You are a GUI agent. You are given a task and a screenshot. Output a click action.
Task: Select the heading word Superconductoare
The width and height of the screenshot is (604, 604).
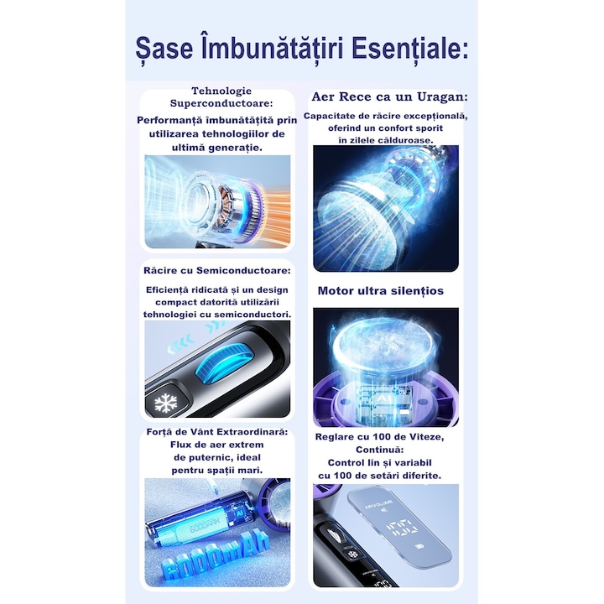(x=221, y=104)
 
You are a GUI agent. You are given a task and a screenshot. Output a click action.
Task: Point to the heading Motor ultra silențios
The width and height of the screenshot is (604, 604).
(x=380, y=291)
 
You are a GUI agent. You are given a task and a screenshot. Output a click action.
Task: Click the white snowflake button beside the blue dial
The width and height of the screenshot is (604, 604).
(x=165, y=404)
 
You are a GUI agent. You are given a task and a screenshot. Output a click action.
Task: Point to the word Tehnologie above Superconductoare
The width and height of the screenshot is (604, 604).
(x=221, y=91)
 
